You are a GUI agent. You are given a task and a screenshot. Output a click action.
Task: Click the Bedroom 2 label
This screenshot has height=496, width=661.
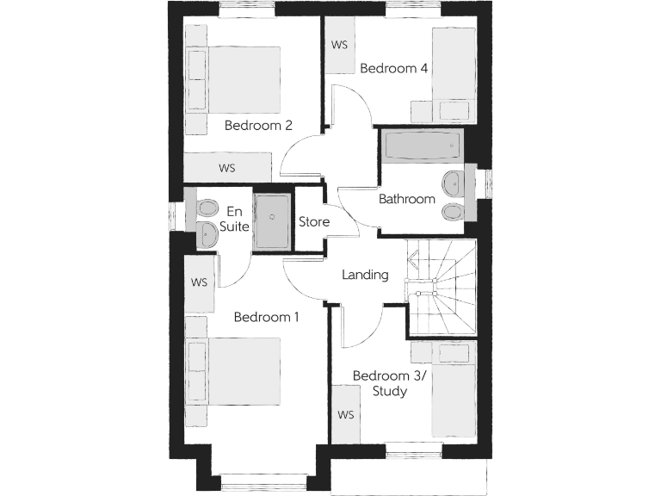click(x=258, y=125)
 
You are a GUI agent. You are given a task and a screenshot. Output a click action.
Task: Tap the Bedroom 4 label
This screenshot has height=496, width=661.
click(x=394, y=68)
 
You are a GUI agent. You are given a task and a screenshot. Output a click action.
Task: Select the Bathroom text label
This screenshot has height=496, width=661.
click(x=407, y=199)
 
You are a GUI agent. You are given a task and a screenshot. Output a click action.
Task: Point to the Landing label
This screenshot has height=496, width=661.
click(x=365, y=276)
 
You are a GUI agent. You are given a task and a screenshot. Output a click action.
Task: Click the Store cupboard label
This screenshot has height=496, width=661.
click(x=313, y=221)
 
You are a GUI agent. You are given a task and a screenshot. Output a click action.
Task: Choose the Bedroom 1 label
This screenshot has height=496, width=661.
click(x=267, y=317)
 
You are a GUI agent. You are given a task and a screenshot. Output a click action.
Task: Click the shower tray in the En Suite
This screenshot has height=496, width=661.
click(x=274, y=220)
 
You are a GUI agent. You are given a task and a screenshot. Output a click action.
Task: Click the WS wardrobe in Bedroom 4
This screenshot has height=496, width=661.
click(x=339, y=45)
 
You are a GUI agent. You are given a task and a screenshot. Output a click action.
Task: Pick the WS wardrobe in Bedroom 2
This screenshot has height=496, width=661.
click(x=227, y=167)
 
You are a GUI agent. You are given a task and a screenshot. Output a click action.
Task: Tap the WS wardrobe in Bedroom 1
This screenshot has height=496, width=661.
click(x=200, y=282)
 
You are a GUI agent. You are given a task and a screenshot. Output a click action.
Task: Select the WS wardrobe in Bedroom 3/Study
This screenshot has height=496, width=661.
click(x=346, y=414)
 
